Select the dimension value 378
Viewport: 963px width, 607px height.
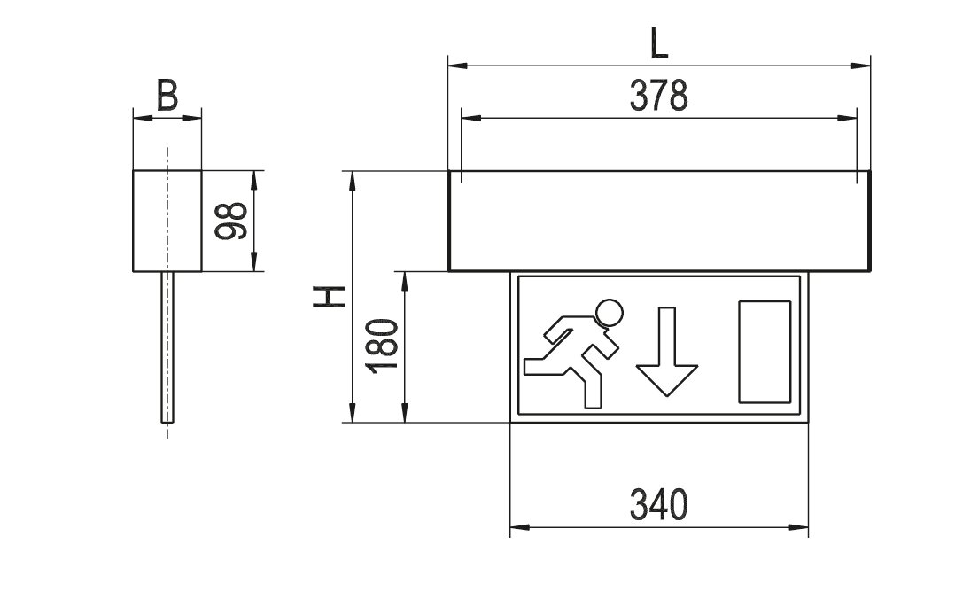pyautogui.click(x=659, y=96)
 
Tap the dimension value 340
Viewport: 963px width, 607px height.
pyautogui.click(x=659, y=505)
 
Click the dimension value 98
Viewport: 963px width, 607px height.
pyautogui.click(x=231, y=221)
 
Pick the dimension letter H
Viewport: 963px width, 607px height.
pyautogui.click(x=330, y=297)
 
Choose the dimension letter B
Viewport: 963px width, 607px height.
pyautogui.click(x=167, y=96)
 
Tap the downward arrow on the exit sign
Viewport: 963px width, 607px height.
pyautogui.click(x=667, y=352)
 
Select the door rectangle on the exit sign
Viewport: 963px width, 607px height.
pyautogui.click(x=765, y=352)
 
